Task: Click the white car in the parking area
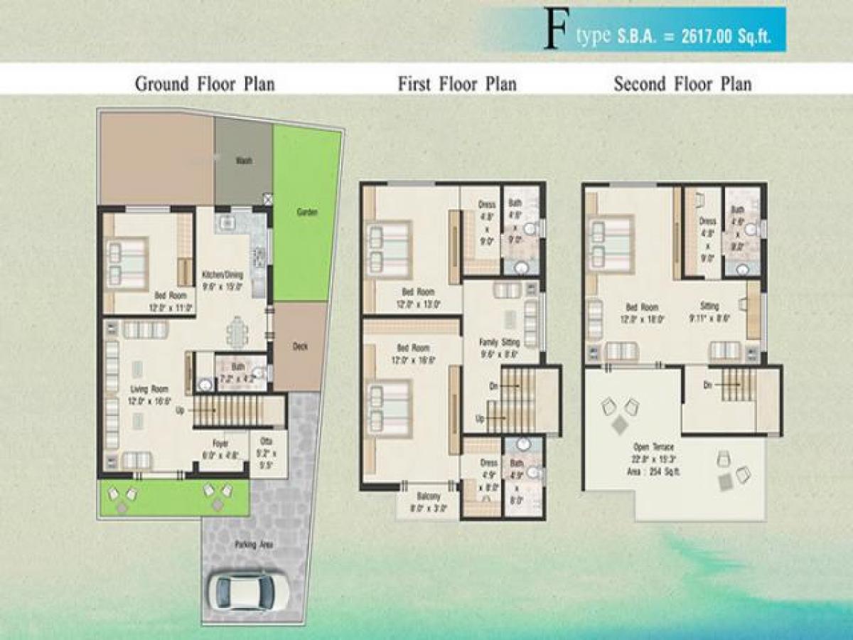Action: [x=248, y=591]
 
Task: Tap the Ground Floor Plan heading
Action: [x=205, y=84]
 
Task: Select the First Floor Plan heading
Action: [x=457, y=84]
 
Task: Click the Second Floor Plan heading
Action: [x=682, y=84]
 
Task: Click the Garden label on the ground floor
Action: [x=307, y=212]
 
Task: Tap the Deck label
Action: [x=300, y=347]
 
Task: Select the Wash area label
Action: [x=244, y=161]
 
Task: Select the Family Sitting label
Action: [x=500, y=342]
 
